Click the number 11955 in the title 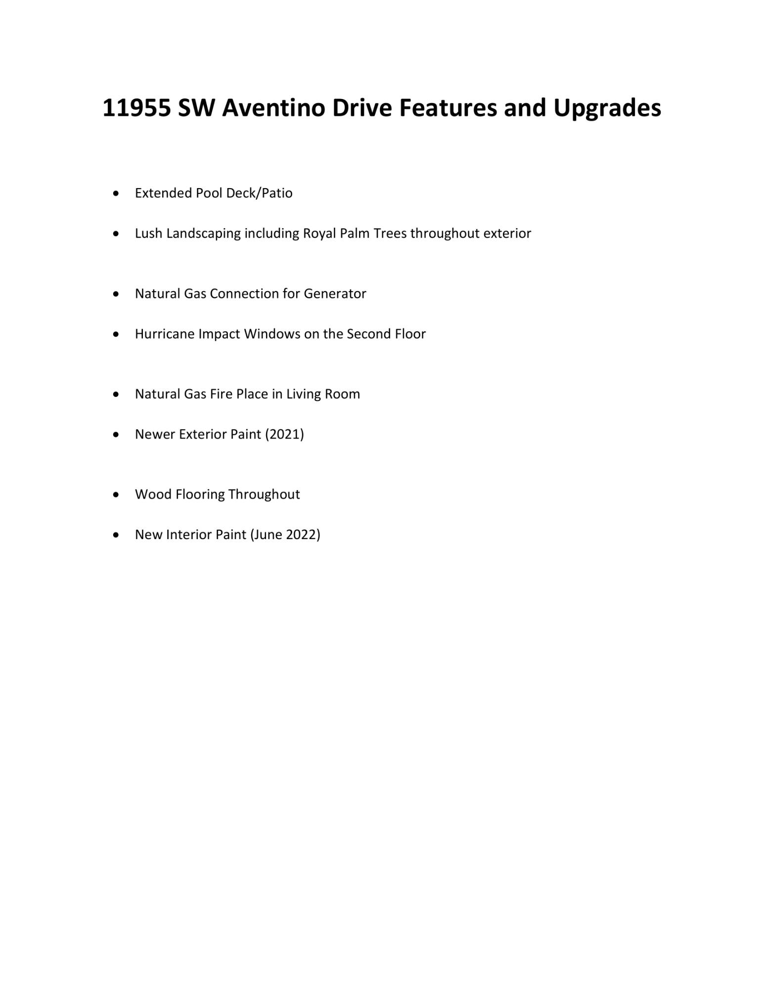(136, 108)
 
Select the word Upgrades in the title (607, 108)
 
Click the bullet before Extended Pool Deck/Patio (116, 193)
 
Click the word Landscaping (203, 233)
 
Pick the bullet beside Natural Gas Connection (116, 294)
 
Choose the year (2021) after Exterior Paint (284, 434)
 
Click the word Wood (153, 495)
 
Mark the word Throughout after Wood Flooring (264, 495)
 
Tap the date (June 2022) (285, 535)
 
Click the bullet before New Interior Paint (116, 535)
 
